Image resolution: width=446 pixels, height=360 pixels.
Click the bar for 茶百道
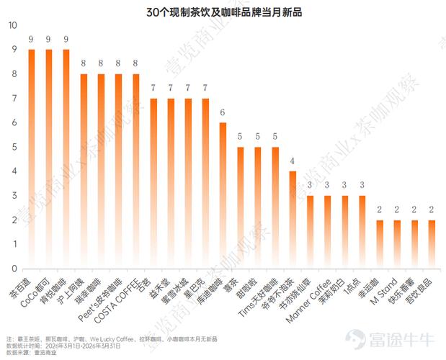click(32, 158)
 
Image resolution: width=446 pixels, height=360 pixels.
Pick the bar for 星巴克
click(205, 184)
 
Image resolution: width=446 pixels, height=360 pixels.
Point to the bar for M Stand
click(397, 245)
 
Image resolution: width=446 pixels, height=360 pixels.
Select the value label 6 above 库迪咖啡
click(223, 113)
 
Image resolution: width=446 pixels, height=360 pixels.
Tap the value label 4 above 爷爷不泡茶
click(293, 161)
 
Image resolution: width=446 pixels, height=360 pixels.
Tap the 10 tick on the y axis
click(12, 25)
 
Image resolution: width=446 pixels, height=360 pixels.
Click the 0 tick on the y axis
click(12, 269)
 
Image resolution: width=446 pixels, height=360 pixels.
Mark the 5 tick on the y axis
click(12, 147)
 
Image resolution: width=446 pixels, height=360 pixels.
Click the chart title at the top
click(223, 12)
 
